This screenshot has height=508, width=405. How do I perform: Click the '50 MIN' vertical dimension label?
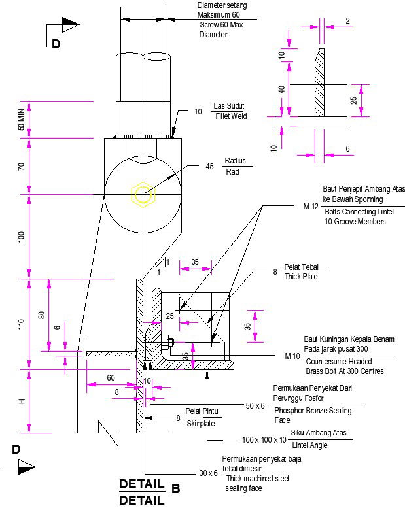pyautogui.click(x=21, y=120)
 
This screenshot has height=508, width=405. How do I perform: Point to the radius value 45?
pyautogui.click(x=210, y=167)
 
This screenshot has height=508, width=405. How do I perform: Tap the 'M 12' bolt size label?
pyautogui.click(x=311, y=207)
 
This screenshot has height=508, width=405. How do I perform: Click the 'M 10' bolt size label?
pyautogui.click(x=292, y=356)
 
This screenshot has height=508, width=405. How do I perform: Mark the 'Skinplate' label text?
pyautogui.click(x=203, y=424)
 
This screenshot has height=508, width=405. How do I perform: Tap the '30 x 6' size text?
pyautogui.click(x=208, y=473)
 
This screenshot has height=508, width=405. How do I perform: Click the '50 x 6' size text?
pyautogui.click(x=255, y=406)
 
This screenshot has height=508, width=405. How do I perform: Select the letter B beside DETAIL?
pyautogui.click(x=175, y=488)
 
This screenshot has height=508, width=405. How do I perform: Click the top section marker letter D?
pyautogui.click(x=56, y=44)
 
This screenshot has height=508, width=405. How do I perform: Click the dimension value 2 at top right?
pyautogui.click(x=347, y=21)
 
